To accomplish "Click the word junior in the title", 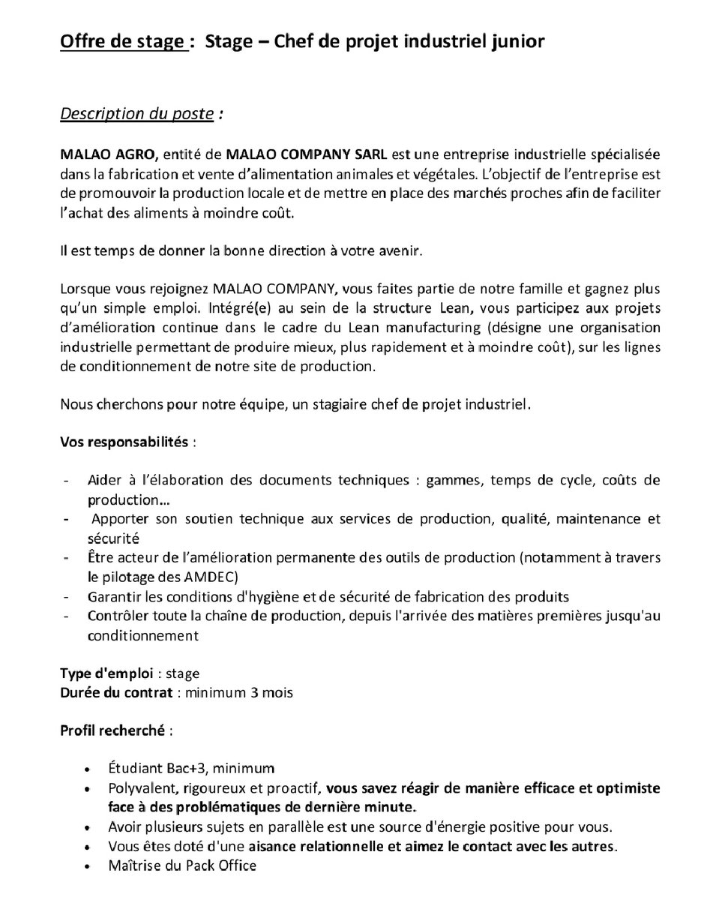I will click(514, 42).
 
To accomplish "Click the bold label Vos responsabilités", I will click(124, 441).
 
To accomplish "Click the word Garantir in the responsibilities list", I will click(112, 597).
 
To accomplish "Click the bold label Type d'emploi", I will click(106, 673).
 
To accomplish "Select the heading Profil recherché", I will click(115, 729).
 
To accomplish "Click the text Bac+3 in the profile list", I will click(176, 768).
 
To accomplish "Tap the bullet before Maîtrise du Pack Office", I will click(89, 866).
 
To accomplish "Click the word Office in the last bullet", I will click(236, 865).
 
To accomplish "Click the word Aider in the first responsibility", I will click(103, 480).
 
